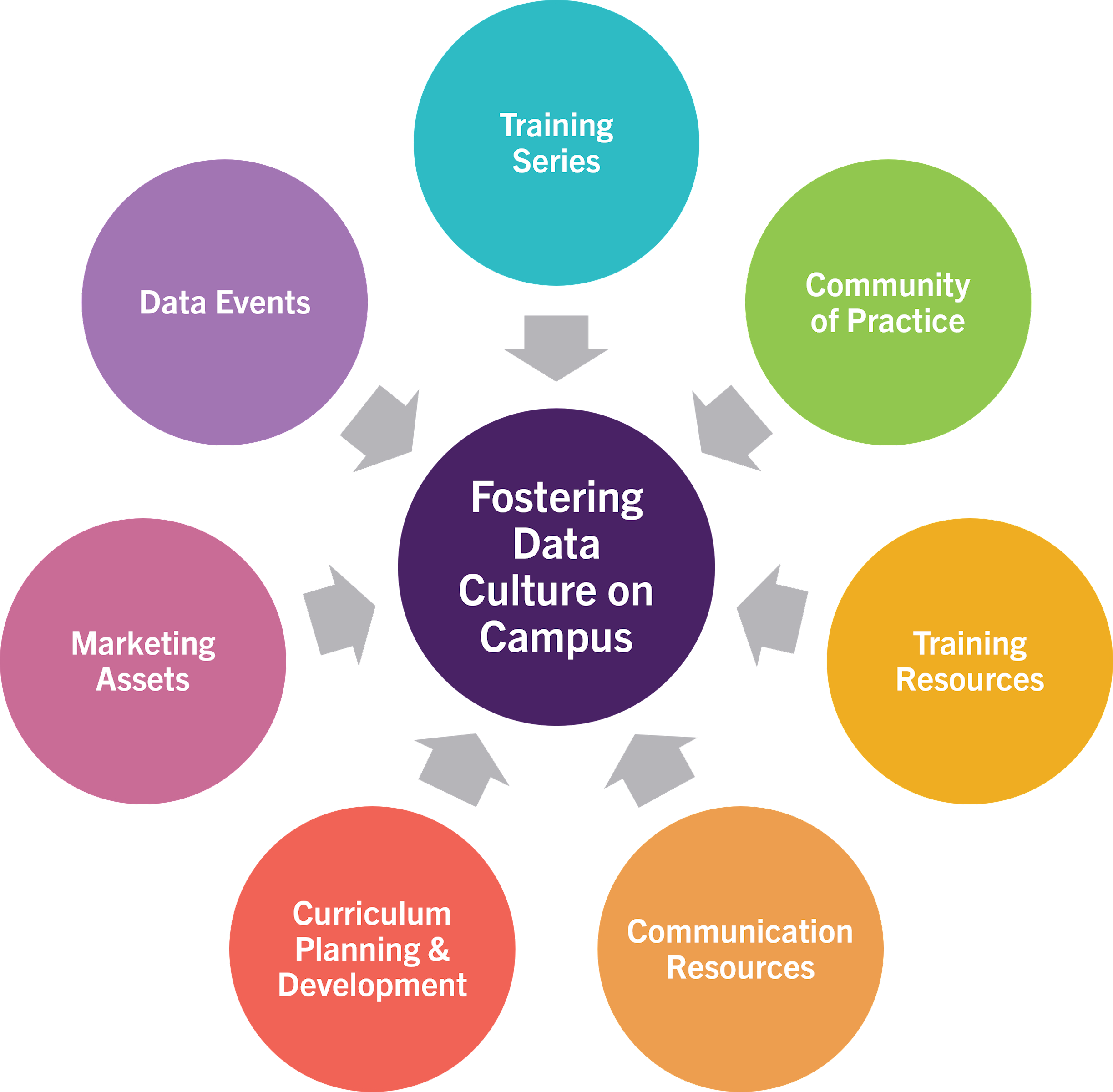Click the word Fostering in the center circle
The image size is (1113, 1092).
click(x=556, y=498)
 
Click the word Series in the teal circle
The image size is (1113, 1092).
click(x=556, y=161)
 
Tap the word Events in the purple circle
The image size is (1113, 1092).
click(x=263, y=303)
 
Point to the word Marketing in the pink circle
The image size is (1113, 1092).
click(x=143, y=643)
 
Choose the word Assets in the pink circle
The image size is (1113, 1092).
click(x=143, y=680)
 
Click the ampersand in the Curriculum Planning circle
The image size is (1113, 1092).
click(x=439, y=949)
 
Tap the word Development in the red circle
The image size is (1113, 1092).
click(x=372, y=986)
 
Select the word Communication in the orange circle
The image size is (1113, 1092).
click(x=740, y=931)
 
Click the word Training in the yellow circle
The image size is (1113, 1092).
click(x=970, y=643)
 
